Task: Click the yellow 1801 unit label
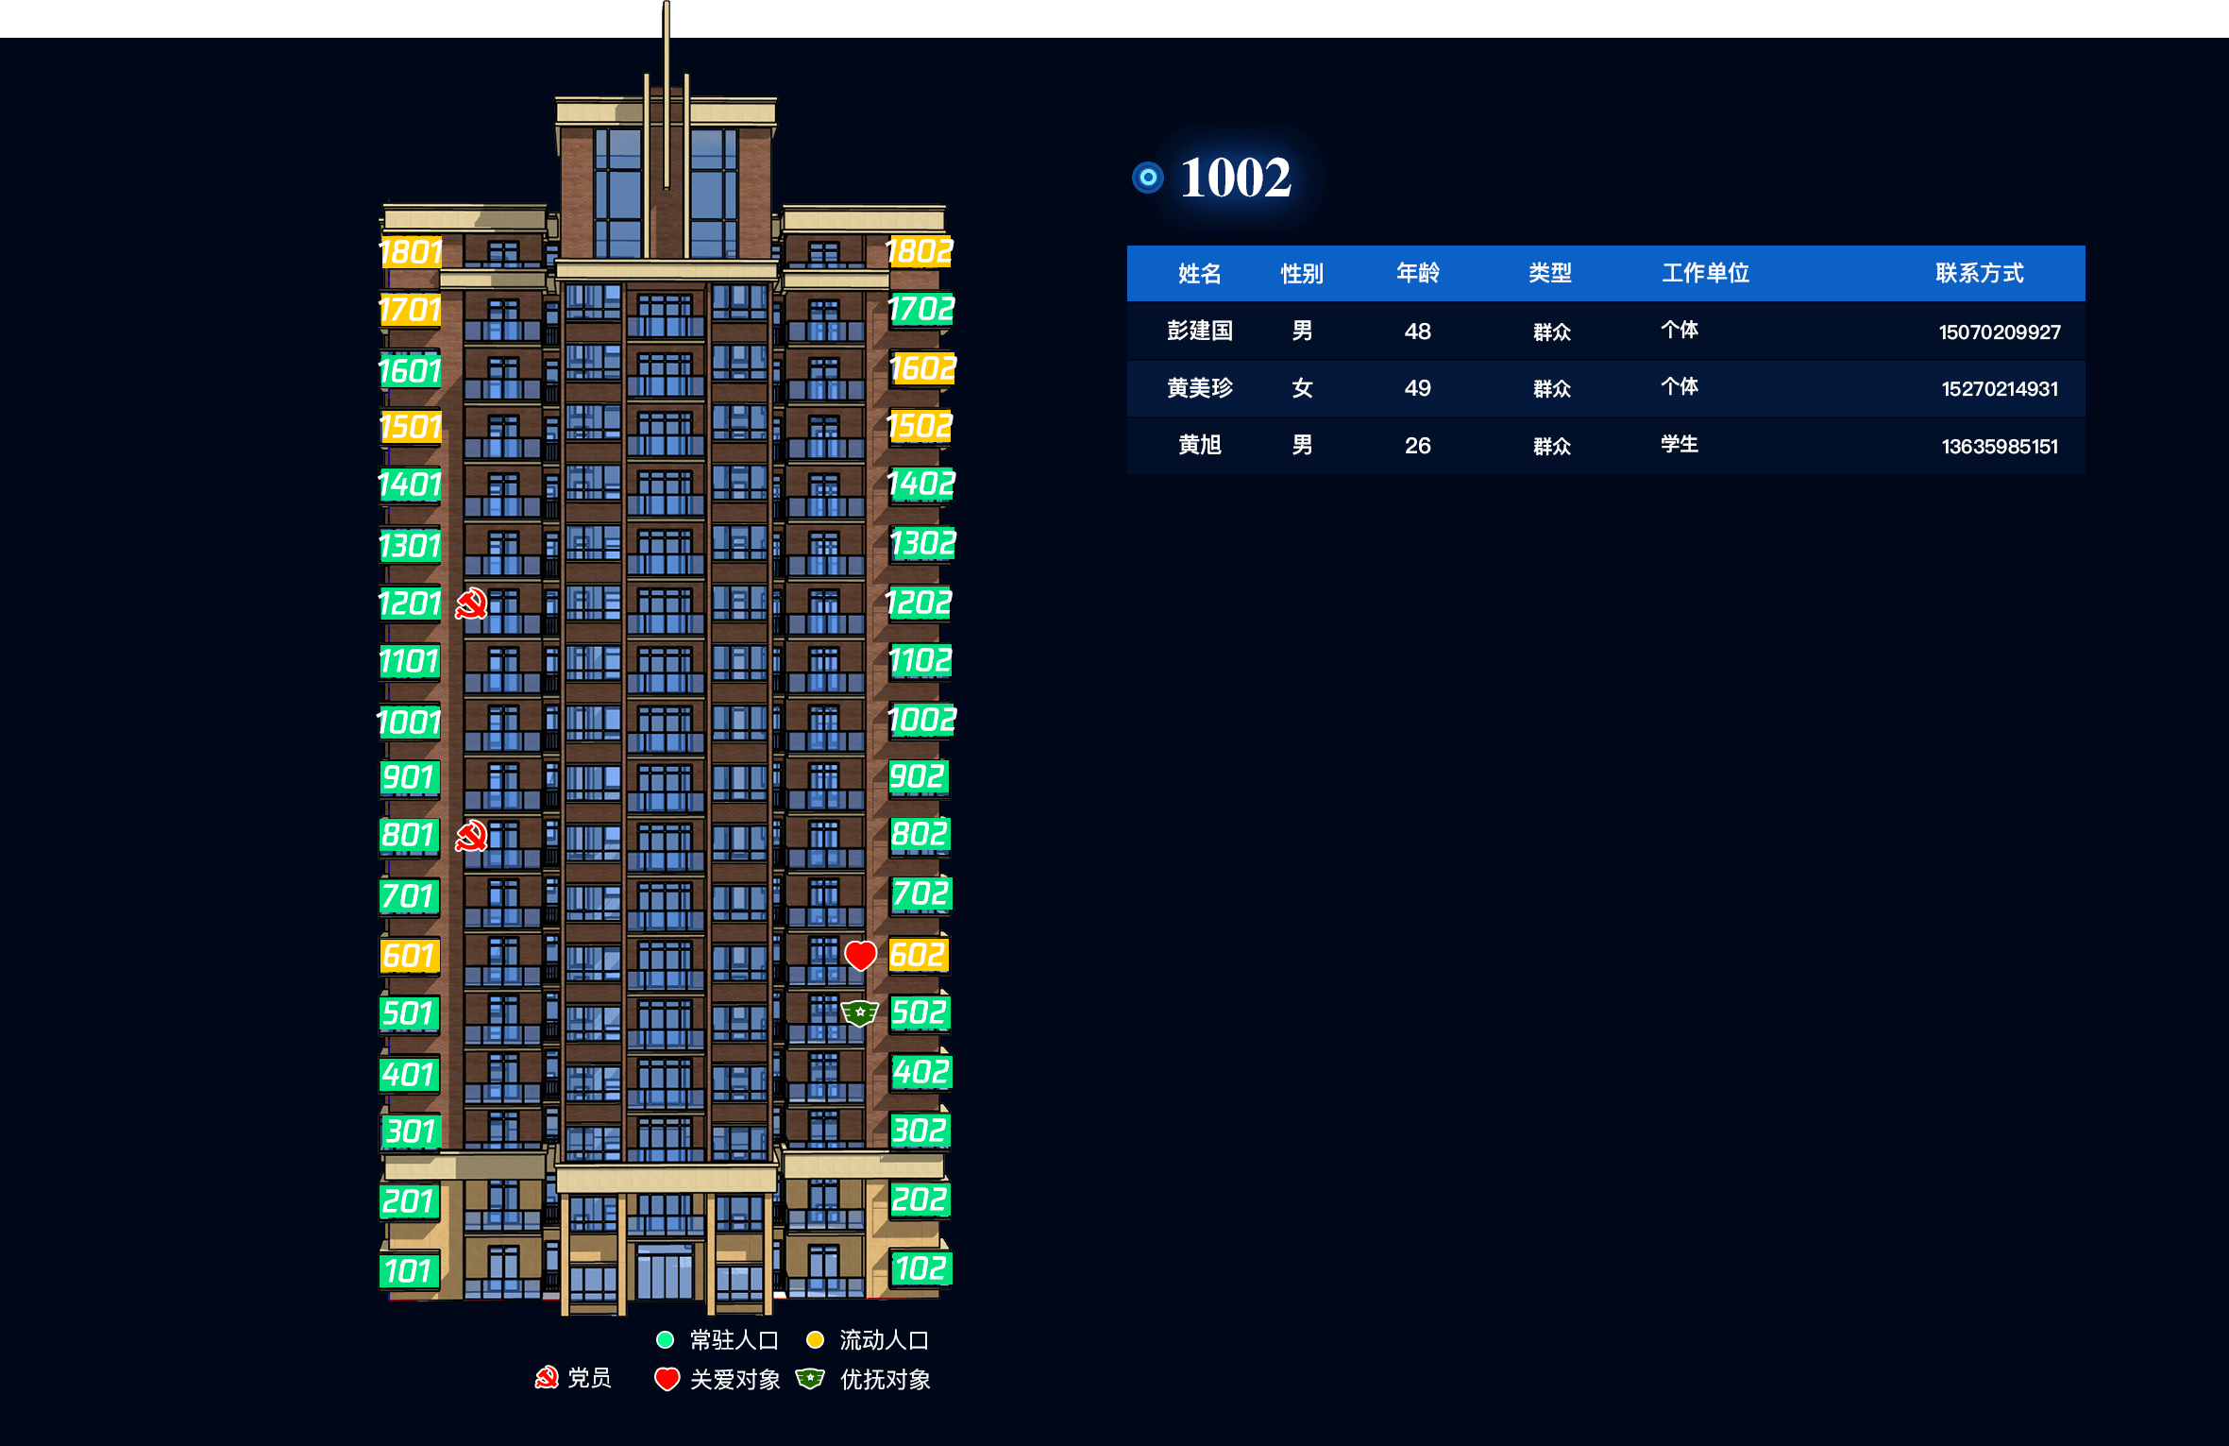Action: click(x=411, y=252)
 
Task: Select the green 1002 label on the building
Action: click(x=921, y=721)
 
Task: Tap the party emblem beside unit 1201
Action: click(x=471, y=604)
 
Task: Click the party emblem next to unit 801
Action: click(x=471, y=836)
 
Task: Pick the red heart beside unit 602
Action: click(x=860, y=955)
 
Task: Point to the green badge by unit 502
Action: click(x=860, y=1013)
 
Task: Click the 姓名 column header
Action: click(x=1200, y=274)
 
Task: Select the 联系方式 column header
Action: click(x=1980, y=274)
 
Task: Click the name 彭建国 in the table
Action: click(x=1200, y=331)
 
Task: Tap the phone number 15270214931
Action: click(x=2000, y=389)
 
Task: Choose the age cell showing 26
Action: click(x=1417, y=446)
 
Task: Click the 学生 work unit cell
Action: click(x=1680, y=444)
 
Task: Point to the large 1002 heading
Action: click(x=1235, y=178)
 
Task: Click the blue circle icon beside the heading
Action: click(x=1148, y=177)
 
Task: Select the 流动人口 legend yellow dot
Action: click(x=816, y=1339)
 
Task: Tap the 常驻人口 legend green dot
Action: click(x=665, y=1339)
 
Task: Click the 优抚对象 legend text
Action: click(x=886, y=1380)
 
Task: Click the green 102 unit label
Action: click(x=920, y=1268)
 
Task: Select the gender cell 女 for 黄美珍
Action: click(x=1302, y=388)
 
